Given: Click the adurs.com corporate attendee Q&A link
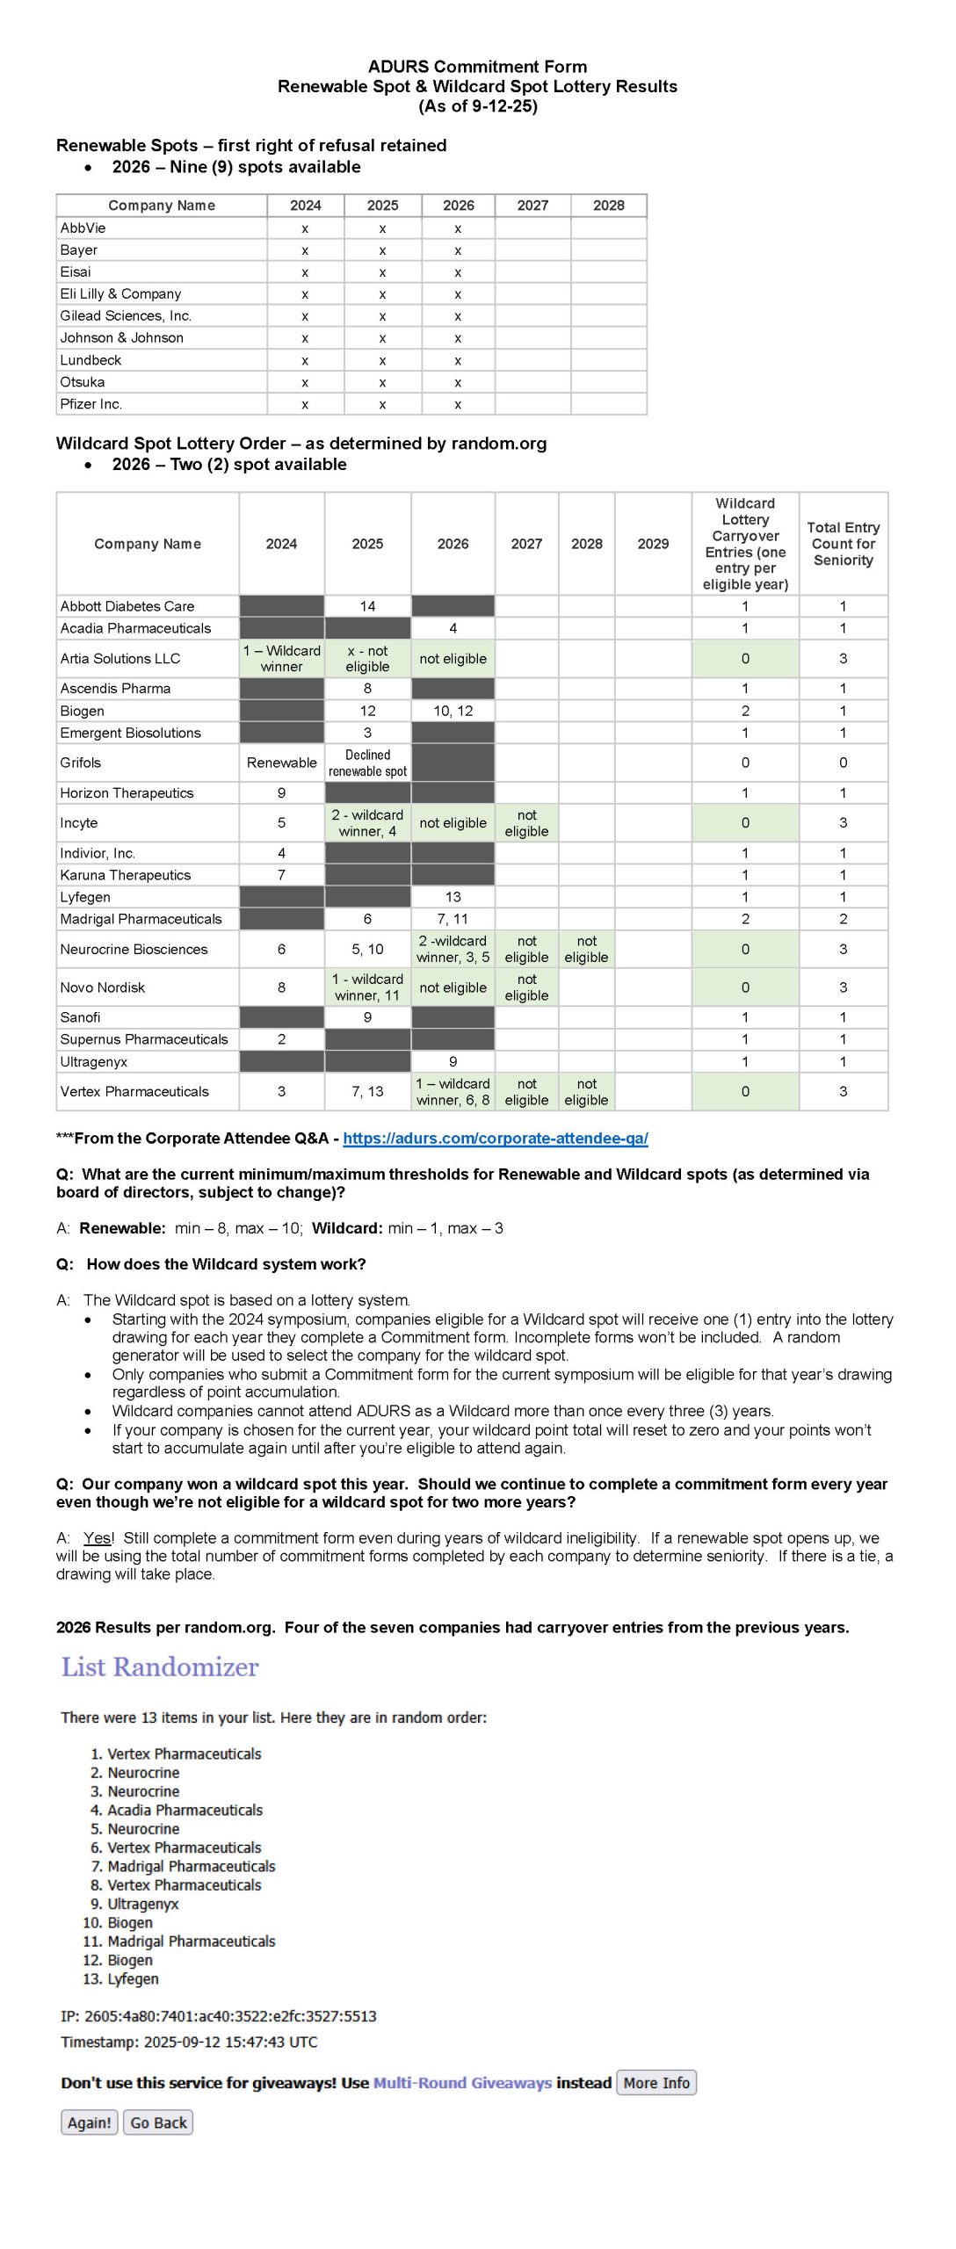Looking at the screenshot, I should tap(496, 1138).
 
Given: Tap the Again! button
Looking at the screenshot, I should tap(90, 2122).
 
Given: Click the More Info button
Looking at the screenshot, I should tap(656, 2082).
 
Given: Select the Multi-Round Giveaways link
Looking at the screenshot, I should tap(462, 2083).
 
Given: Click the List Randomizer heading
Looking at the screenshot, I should tap(160, 1667).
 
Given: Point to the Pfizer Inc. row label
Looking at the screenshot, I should tap(91, 404).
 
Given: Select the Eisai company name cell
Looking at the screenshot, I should tap(76, 272).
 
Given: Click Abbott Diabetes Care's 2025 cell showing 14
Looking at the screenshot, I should tap(367, 606).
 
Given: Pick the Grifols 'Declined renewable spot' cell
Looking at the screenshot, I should tap(367, 763).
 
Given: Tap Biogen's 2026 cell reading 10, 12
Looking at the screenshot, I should tap(453, 711).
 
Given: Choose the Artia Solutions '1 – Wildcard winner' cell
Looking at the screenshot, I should tap(281, 659).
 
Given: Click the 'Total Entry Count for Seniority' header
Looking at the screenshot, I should tap(843, 544).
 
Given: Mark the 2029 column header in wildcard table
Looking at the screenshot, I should tap(653, 544).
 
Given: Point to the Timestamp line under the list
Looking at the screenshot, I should tap(189, 2042).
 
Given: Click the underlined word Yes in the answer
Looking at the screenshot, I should tap(98, 1537).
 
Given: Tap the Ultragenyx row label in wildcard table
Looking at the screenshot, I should tap(94, 1061).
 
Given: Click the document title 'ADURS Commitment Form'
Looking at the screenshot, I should tap(477, 67).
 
